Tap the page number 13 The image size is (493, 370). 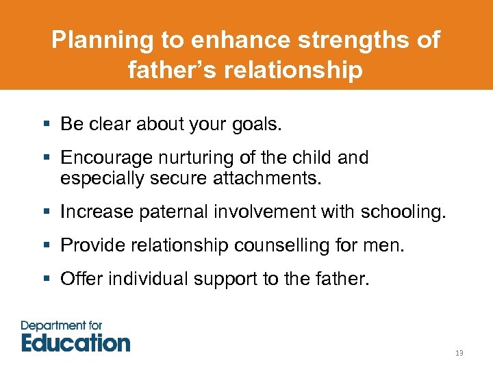(x=459, y=353)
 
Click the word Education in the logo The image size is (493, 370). (x=75, y=342)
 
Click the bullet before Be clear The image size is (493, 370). (x=46, y=125)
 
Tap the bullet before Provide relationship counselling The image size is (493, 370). (x=46, y=245)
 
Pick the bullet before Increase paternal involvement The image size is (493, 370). (x=46, y=212)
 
